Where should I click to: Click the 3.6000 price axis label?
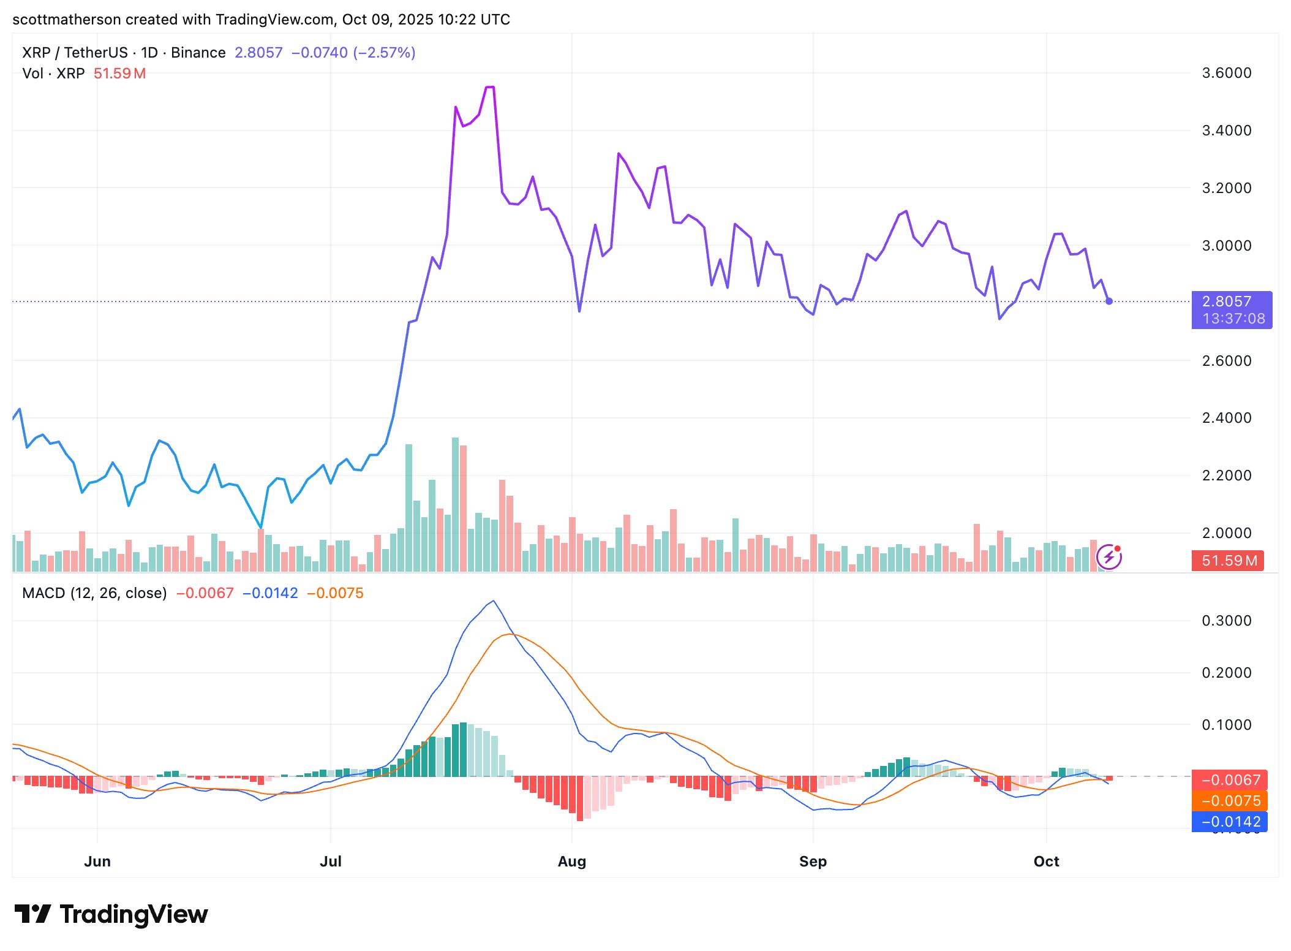coord(1227,73)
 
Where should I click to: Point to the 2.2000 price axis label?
coord(1227,476)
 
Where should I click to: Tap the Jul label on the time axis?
coord(331,862)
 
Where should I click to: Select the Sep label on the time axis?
coord(813,862)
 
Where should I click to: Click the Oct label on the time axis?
coord(1046,862)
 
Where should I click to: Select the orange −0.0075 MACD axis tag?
coord(1230,801)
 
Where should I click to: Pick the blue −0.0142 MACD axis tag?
coord(1230,822)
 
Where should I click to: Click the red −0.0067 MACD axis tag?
coord(1230,780)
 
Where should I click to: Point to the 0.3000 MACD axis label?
coord(1227,621)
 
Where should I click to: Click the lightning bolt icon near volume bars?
coord(1109,557)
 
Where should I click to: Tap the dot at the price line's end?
coord(1109,301)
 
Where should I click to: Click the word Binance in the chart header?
coord(198,53)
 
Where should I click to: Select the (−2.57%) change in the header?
coord(383,53)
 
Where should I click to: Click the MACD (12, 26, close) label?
coord(94,593)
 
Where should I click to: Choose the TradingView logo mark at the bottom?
coord(32,914)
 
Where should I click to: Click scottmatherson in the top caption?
coord(66,20)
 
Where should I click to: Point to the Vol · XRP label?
coord(53,74)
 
